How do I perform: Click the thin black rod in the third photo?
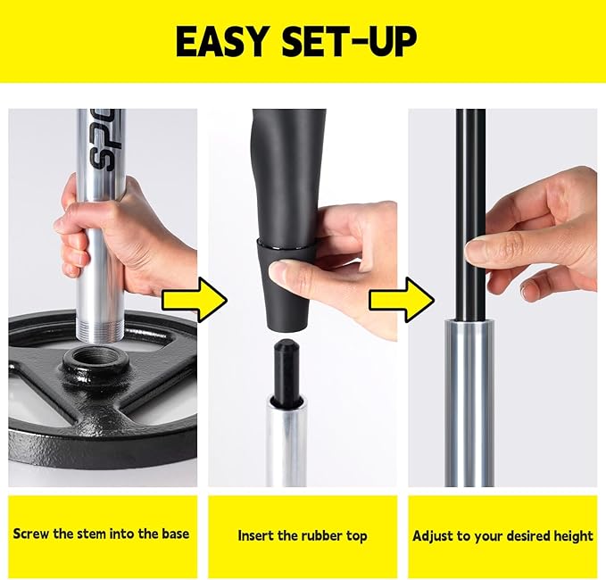point(469,178)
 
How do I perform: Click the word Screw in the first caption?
point(31,534)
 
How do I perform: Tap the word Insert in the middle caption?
point(257,536)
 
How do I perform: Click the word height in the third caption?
point(571,536)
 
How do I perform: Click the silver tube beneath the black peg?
point(286,437)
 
